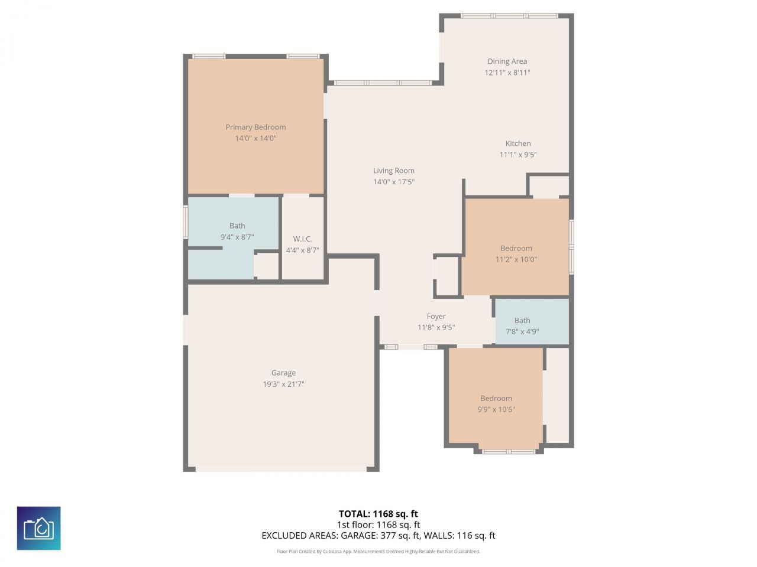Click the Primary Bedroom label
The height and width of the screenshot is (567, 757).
click(255, 127)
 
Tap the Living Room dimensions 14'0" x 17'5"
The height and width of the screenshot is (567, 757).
click(393, 182)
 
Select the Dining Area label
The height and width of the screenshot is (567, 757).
click(507, 61)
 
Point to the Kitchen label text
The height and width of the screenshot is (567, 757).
click(518, 144)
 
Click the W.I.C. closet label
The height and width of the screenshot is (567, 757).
click(302, 239)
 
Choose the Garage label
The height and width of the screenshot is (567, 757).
click(283, 373)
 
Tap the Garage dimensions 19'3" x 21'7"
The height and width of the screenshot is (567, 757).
click(283, 384)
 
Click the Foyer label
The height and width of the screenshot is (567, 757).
click(436, 317)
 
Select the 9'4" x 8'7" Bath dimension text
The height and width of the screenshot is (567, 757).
click(237, 237)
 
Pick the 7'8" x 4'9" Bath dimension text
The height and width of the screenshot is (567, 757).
click(522, 331)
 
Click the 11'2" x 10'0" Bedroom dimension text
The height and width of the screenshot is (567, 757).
click(516, 259)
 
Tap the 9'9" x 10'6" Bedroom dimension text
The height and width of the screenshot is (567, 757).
click(496, 409)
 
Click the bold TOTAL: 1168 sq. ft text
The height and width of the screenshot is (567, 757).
click(378, 514)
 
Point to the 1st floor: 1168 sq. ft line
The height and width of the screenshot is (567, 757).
click(378, 524)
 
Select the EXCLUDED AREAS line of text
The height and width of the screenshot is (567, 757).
click(378, 536)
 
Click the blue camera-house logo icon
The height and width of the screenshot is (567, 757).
click(38, 528)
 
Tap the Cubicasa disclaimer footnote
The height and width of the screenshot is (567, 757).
click(378, 552)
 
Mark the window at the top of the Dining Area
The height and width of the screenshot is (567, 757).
click(509, 16)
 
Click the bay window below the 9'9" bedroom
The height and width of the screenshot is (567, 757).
click(508, 452)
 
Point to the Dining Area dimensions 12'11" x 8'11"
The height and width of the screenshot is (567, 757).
click(507, 73)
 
